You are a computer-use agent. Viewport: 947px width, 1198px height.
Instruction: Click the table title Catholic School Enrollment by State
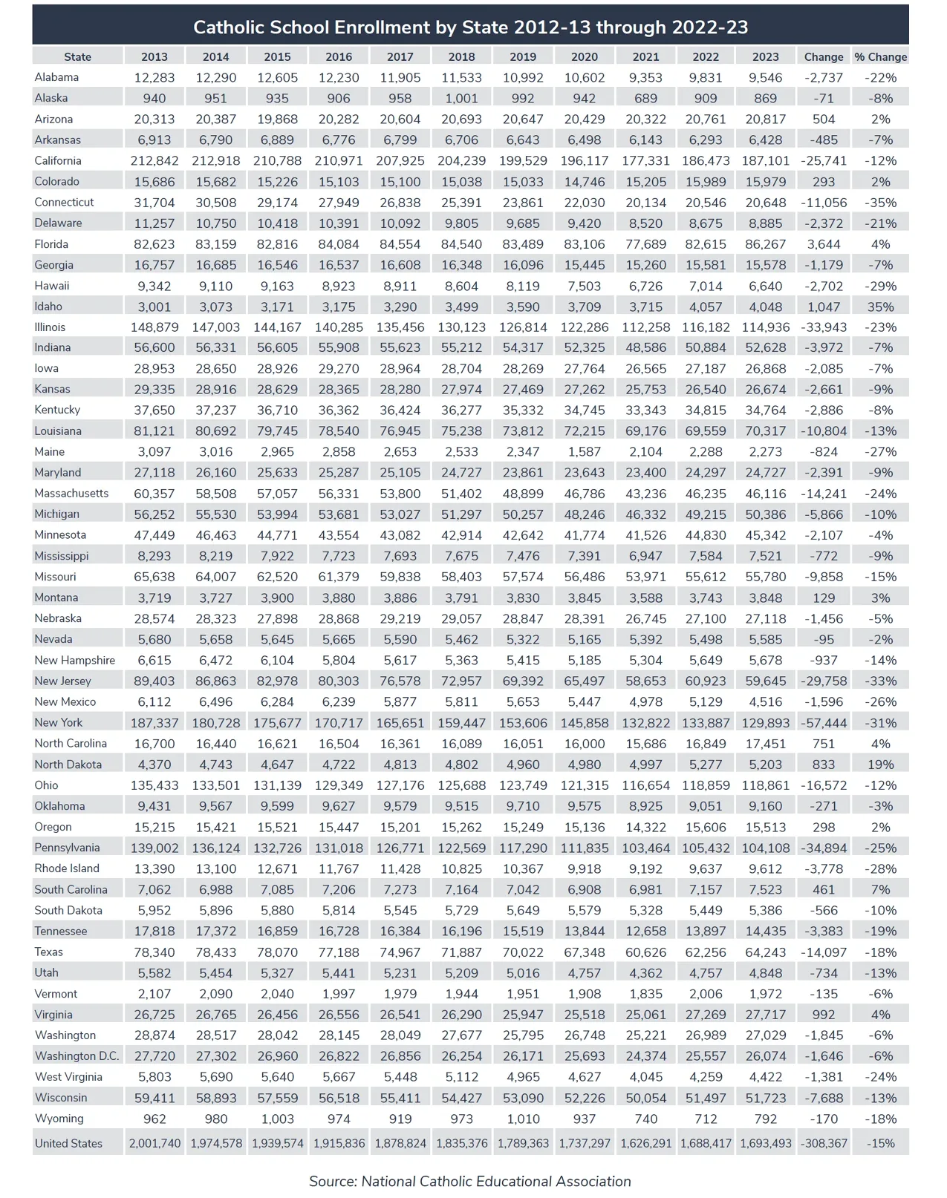[470, 27]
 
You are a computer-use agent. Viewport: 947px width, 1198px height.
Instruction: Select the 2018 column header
[461, 56]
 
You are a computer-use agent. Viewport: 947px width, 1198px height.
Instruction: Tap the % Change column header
[880, 56]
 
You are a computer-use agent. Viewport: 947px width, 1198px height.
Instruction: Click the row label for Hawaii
[52, 286]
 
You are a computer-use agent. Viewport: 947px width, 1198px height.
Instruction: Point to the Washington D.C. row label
[77, 1056]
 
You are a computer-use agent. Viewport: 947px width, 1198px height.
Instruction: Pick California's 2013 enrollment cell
[154, 161]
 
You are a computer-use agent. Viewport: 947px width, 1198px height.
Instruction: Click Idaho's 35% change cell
[880, 307]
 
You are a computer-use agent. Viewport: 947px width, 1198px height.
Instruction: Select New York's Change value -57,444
[824, 723]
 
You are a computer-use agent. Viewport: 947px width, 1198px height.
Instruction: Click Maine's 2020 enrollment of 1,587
[585, 452]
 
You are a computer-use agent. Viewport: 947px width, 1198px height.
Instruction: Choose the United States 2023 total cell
[766, 1144]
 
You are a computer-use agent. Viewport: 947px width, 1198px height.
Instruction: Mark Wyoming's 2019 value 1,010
[523, 1119]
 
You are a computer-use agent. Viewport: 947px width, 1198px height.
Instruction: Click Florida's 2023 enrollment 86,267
[766, 244]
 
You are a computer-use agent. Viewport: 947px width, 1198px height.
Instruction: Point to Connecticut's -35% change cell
[880, 203]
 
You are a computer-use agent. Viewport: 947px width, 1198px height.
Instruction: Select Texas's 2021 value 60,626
[645, 952]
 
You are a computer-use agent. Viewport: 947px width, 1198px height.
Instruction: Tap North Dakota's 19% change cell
[880, 765]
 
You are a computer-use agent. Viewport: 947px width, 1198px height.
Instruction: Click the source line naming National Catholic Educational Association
[470, 1181]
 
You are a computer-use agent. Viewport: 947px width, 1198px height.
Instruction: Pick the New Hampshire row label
[75, 661]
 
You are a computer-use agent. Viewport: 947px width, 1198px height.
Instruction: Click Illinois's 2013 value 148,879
[154, 327]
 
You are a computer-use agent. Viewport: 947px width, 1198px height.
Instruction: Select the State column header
[77, 56]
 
